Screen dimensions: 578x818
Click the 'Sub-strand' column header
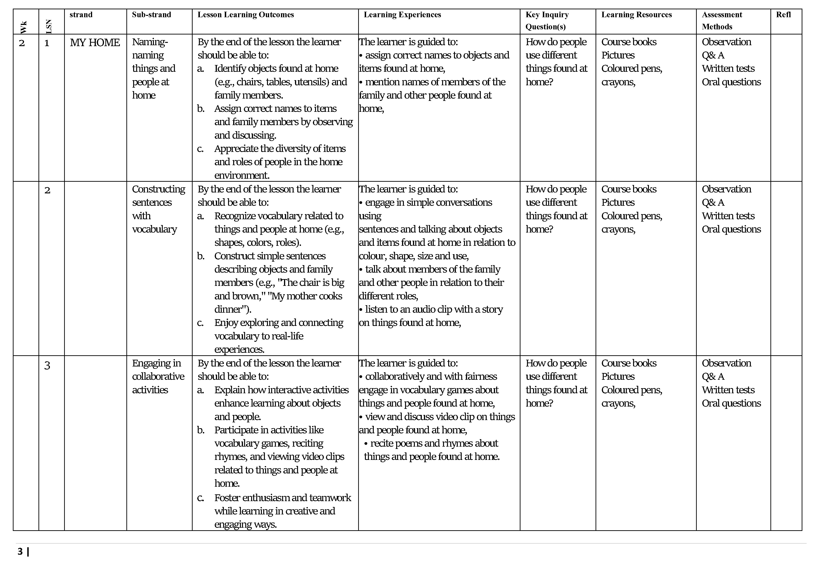tap(151, 15)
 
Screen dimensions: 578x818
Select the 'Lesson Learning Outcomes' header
tap(246, 15)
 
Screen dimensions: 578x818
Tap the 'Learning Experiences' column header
tap(402, 15)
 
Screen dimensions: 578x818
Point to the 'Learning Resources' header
tap(636, 15)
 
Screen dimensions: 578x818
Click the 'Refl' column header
tap(783, 15)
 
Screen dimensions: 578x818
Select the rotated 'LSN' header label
tap(49, 26)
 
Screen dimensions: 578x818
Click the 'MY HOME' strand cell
tap(95, 42)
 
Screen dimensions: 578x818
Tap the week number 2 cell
tap(22, 43)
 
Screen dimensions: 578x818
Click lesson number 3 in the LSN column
tap(47, 366)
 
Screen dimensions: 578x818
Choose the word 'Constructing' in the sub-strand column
tap(159, 189)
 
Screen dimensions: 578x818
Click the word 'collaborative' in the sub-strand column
tap(158, 376)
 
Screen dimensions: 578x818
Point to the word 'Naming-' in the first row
tap(150, 42)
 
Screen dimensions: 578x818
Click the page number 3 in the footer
tap(20, 551)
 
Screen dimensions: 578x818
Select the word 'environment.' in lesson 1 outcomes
tap(242, 175)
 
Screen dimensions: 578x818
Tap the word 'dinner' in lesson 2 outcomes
tap(228, 309)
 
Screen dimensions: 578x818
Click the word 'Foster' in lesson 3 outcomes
tap(227, 497)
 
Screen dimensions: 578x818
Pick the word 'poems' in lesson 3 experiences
tap(404, 443)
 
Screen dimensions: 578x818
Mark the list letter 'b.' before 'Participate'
tap(201, 430)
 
